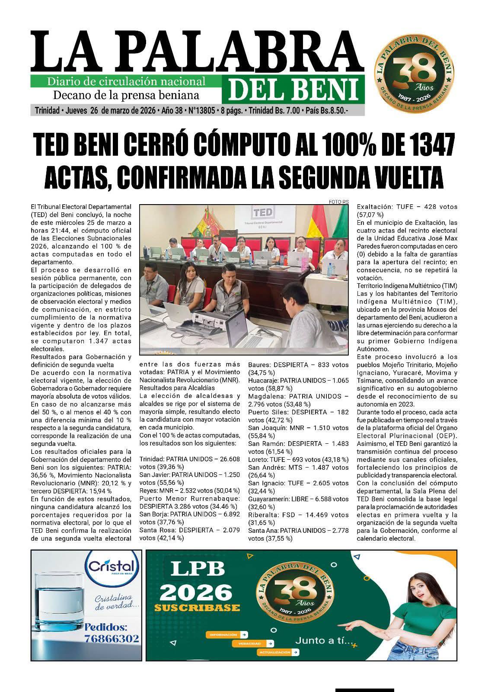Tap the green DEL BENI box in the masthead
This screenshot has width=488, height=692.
click(x=293, y=89)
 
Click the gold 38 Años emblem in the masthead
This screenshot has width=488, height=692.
click(x=414, y=68)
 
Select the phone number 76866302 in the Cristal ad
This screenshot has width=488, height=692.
click(x=112, y=638)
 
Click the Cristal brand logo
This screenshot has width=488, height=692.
click(x=112, y=567)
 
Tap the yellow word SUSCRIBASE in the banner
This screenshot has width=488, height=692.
click(x=197, y=608)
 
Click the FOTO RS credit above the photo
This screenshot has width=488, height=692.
click(x=338, y=202)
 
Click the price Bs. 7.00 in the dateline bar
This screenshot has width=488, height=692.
click(x=287, y=111)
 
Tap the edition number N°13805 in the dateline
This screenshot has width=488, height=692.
click(x=201, y=111)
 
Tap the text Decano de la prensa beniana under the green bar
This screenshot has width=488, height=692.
click(x=126, y=95)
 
